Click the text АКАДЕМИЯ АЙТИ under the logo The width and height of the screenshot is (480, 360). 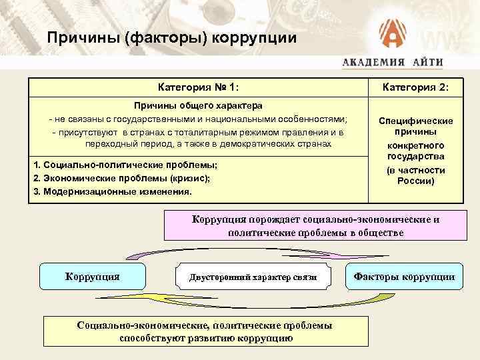click(x=393, y=62)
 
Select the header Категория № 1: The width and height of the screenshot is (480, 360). click(x=198, y=87)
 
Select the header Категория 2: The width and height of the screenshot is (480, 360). click(x=415, y=87)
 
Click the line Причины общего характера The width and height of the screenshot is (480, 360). click(x=198, y=105)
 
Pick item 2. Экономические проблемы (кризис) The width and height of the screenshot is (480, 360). click(x=121, y=178)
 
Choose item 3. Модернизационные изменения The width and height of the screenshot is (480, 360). click(x=112, y=191)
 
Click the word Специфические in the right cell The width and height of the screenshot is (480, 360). click(x=415, y=121)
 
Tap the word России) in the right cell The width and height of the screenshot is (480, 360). click(x=415, y=181)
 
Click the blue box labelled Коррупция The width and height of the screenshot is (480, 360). click(x=92, y=276)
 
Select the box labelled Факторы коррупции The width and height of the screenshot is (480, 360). click(x=404, y=277)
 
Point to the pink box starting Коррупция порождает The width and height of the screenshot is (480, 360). click(x=315, y=226)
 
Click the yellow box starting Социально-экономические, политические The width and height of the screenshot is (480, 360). click(x=205, y=331)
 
